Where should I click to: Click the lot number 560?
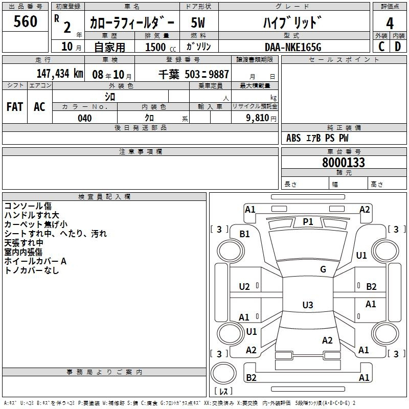click(26, 21)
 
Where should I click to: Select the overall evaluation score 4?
click(390, 24)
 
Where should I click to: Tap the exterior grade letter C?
click(381, 46)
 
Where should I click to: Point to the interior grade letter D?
click(398, 46)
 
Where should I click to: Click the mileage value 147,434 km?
click(60, 74)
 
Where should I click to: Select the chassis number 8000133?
click(344, 163)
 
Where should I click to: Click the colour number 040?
click(84, 118)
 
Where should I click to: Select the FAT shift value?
click(15, 107)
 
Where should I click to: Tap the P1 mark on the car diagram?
click(308, 221)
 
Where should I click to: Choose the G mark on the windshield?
click(323, 269)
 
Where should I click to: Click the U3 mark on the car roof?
click(307, 305)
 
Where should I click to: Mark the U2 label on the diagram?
click(244, 287)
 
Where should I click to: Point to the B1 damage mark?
click(245, 234)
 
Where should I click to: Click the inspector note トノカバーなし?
click(32, 270)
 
